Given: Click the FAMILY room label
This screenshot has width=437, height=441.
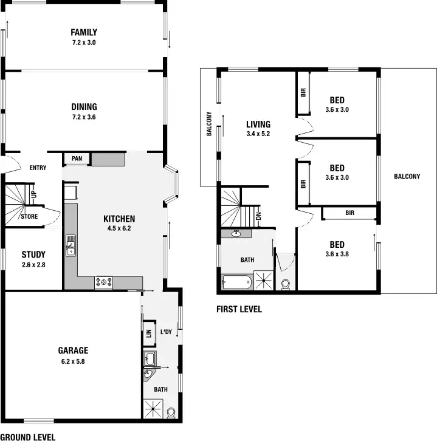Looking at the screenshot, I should click(x=84, y=32).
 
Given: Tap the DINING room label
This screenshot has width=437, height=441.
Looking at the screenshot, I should click(x=84, y=107).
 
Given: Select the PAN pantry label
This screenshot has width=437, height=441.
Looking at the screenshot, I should click(x=77, y=159).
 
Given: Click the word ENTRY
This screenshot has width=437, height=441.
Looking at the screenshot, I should click(x=38, y=168).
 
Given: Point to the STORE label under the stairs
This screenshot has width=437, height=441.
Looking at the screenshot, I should click(x=30, y=216).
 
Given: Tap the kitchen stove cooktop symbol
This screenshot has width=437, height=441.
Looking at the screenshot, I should click(x=103, y=282).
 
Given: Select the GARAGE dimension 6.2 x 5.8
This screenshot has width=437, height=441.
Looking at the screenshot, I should click(x=74, y=361).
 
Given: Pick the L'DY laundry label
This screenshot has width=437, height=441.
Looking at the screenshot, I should click(x=166, y=332).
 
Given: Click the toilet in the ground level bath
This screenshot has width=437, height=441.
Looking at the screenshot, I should click(x=171, y=412).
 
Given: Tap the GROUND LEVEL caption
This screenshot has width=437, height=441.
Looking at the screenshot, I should click(x=28, y=437).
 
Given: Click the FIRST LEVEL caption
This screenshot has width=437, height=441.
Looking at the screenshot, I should click(x=239, y=309).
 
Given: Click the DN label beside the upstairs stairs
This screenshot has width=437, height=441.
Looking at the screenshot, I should click(x=258, y=215).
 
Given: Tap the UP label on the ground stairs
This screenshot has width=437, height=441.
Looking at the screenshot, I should click(x=34, y=194).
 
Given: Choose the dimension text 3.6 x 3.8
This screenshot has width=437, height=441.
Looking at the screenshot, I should click(x=337, y=255).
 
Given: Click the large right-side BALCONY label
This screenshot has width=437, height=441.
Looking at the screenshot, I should click(x=407, y=177).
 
